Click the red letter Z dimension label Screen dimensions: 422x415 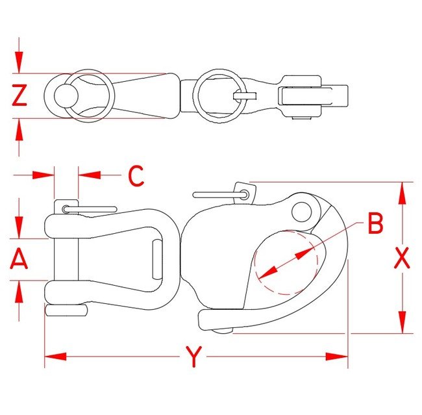(x=19, y=95)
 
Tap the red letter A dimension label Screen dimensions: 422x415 (x=19, y=258)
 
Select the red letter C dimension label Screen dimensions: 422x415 (x=136, y=176)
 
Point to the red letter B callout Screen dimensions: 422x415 (x=375, y=223)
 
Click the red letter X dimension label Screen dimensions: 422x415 (x=402, y=258)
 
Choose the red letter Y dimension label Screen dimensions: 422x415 (x=193, y=357)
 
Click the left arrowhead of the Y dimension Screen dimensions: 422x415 (x=55, y=357)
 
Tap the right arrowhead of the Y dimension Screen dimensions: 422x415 (x=337, y=357)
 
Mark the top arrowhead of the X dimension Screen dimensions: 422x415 (x=402, y=193)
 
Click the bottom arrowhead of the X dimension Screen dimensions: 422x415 (x=402, y=322)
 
